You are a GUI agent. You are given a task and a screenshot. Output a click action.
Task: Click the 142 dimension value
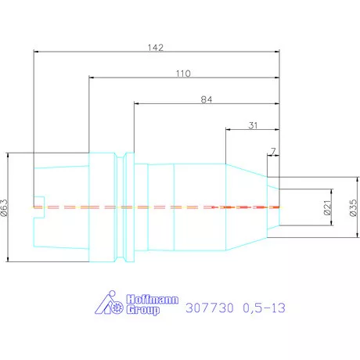click(156, 48)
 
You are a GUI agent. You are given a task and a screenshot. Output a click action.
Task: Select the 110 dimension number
click(183, 74)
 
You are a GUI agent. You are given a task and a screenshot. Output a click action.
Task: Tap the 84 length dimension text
click(207, 99)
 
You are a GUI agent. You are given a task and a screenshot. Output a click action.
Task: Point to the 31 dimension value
click(253, 125)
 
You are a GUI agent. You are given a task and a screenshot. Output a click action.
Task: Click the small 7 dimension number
click(273, 151)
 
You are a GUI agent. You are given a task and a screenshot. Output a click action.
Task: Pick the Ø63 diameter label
click(5, 207)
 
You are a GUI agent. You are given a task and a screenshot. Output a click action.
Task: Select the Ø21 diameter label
click(327, 207)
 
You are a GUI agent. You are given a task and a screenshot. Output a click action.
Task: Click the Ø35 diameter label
click(353, 207)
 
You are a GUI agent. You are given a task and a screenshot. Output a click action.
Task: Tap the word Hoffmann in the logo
click(153, 299)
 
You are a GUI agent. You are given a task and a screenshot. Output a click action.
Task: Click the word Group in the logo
click(143, 310)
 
